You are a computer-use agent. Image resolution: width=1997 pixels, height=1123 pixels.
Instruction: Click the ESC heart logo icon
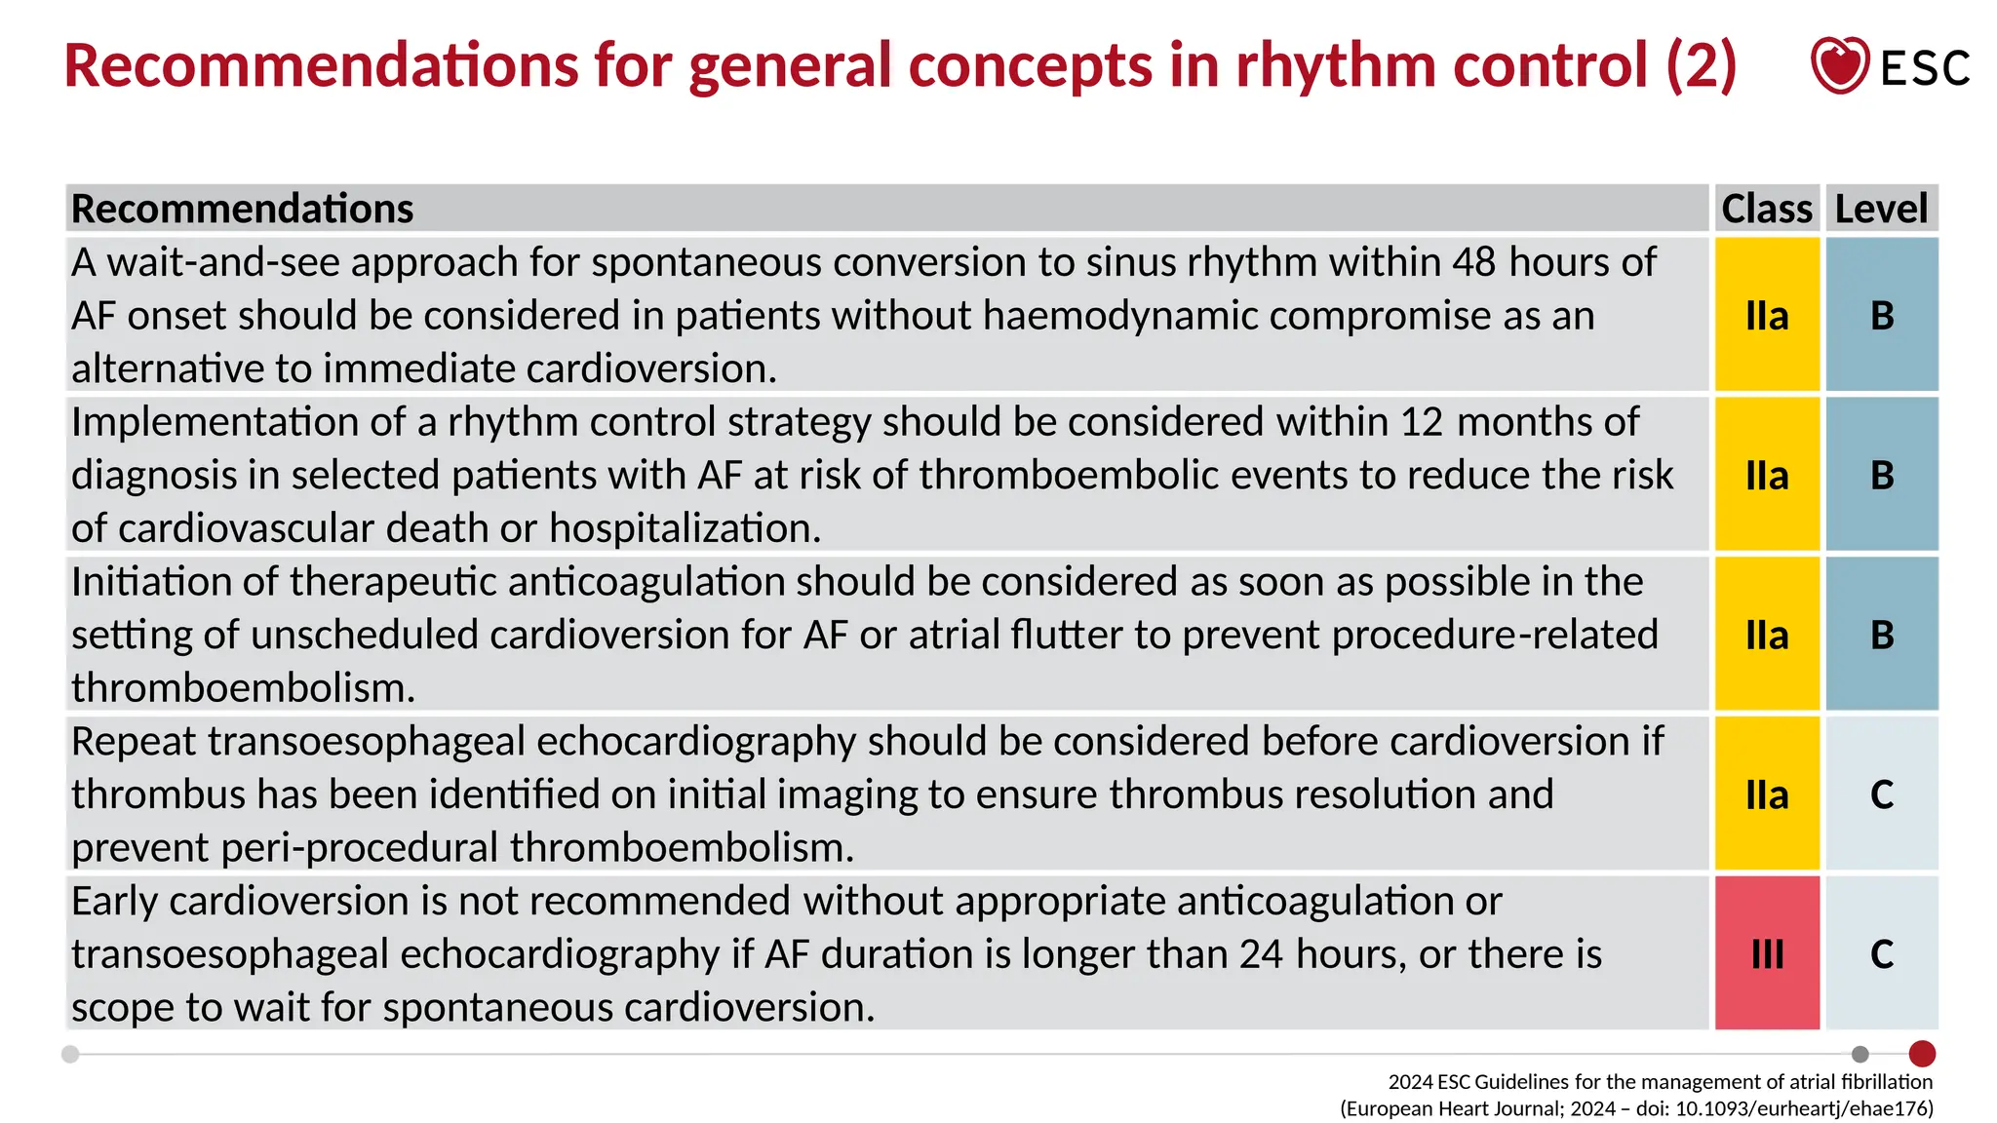click(1839, 65)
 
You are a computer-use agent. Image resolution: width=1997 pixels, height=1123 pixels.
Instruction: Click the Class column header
click(1766, 209)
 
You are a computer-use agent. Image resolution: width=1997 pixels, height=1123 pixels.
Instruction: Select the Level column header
click(1881, 209)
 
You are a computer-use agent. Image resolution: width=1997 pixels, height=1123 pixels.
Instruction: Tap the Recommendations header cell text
click(242, 209)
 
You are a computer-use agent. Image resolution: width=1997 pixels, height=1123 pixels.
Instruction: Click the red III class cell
click(1767, 953)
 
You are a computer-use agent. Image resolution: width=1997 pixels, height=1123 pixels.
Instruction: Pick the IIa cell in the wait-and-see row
click(1767, 315)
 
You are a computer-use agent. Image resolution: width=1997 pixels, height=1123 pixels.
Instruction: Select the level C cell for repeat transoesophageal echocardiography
click(1882, 794)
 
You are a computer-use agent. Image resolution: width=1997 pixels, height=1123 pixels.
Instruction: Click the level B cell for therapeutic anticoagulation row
click(1882, 635)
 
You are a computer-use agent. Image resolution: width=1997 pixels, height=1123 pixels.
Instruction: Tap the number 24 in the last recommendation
click(1262, 954)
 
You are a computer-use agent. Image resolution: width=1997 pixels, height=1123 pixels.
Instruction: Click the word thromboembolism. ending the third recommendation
click(243, 688)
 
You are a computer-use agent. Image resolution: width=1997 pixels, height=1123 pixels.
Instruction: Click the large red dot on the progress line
click(1922, 1054)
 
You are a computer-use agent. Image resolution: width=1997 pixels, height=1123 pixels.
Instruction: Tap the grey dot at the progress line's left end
click(70, 1054)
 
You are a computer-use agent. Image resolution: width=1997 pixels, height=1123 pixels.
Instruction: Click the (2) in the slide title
click(1701, 65)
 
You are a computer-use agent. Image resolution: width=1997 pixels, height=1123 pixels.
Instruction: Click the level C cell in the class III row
click(1882, 953)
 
